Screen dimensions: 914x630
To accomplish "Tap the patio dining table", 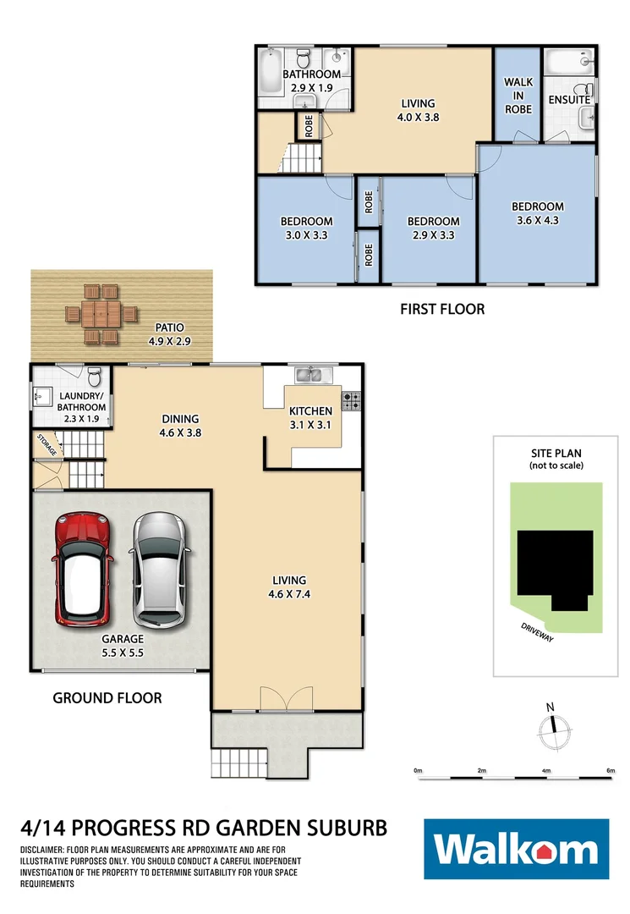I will pyautogui.click(x=101, y=312).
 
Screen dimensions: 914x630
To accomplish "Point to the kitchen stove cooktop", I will pyautogui.click(x=353, y=398).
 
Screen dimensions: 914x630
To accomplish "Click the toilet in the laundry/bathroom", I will pyautogui.click(x=94, y=376).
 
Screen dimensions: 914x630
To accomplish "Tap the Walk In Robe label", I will pyautogui.click(x=518, y=95).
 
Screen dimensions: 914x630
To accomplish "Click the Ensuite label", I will pyautogui.click(x=568, y=100).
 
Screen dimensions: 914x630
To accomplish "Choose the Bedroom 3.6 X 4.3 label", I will pyautogui.click(x=537, y=213).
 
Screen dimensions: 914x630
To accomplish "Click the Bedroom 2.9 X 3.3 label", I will pyautogui.click(x=433, y=228).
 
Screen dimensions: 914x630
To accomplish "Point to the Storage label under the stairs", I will pyautogui.click(x=47, y=445).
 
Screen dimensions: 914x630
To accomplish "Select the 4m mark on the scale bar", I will pyautogui.click(x=545, y=771).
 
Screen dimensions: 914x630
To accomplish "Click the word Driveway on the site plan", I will pyautogui.click(x=536, y=632).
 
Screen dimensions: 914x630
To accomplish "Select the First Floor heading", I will pyautogui.click(x=442, y=309).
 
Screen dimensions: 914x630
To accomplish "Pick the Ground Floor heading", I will pyautogui.click(x=107, y=698).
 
